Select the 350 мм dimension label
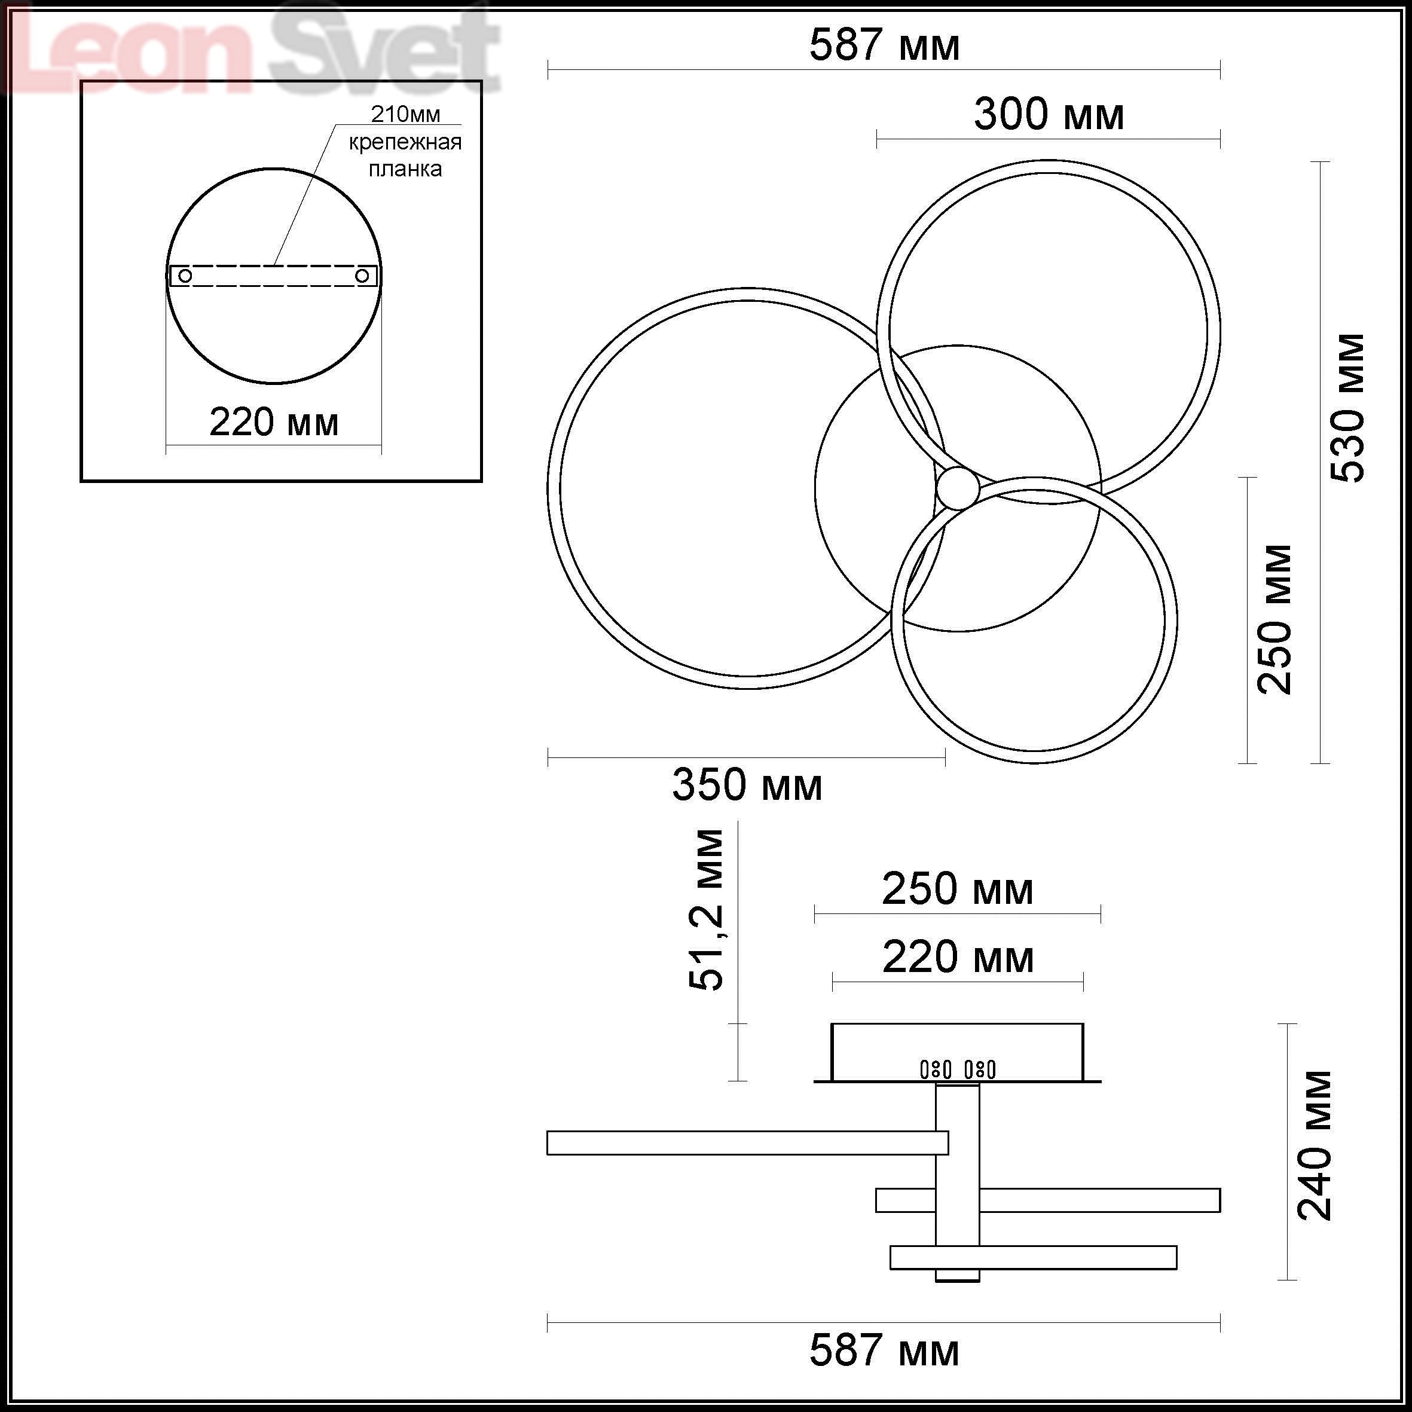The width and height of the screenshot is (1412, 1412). click(747, 785)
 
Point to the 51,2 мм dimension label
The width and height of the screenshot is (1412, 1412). click(706, 910)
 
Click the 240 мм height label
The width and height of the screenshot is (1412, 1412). click(1314, 1145)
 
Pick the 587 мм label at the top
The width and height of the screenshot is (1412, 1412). click(884, 45)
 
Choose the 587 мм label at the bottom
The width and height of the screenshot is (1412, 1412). click(884, 1350)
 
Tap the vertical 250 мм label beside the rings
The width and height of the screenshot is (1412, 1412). click(1275, 619)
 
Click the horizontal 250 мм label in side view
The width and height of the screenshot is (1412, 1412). click(958, 890)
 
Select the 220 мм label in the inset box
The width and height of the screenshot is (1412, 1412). click(274, 423)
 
